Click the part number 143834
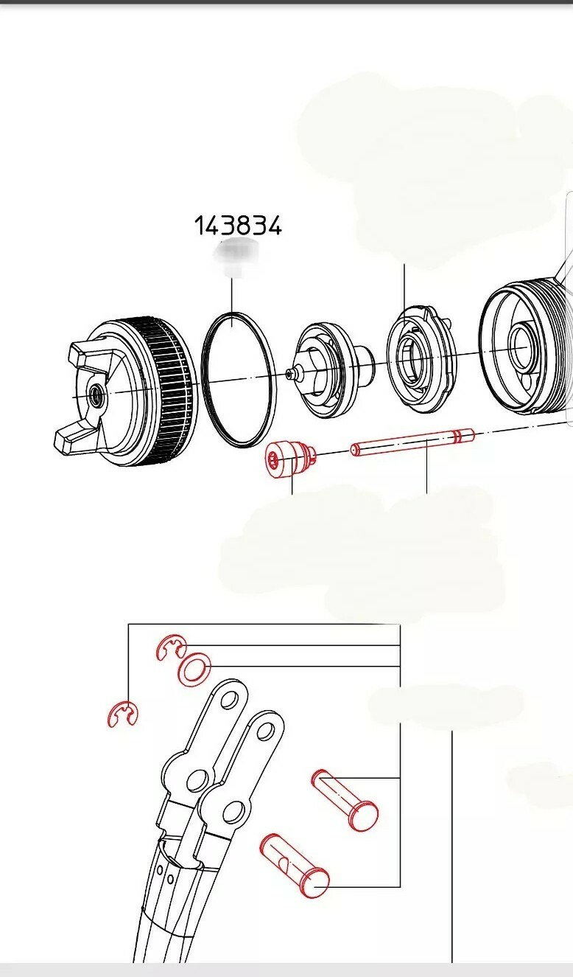tap(238, 226)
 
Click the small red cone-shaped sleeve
tap(289, 460)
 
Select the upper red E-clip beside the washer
tap(170, 647)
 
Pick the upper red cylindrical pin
tap(345, 799)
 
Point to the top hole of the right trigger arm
tap(265, 730)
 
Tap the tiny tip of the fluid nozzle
tap(288, 375)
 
